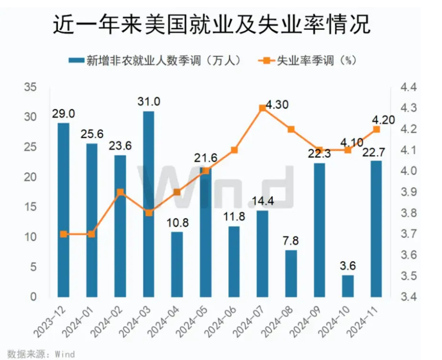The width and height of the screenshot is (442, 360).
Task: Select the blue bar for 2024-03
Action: [x=149, y=204]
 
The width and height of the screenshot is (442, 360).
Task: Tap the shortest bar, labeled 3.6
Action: [x=348, y=286]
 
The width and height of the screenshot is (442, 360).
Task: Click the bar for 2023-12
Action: [x=63, y=210]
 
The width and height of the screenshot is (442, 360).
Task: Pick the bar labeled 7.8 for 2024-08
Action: [x=291, y=273]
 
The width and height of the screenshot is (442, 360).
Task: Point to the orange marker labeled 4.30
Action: [x=262, y=108]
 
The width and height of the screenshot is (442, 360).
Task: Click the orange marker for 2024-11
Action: [x=376, y=129]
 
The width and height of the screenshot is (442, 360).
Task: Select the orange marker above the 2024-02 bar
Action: [x=121, y=192]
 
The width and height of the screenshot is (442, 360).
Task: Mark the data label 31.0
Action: [x=149, y=102]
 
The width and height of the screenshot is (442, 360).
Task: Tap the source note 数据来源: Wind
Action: [x=41, y=353]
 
